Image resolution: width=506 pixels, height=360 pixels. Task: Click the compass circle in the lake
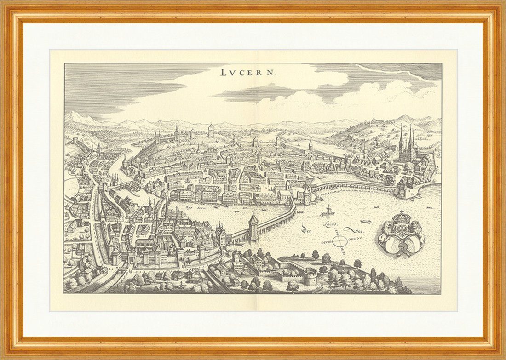340,240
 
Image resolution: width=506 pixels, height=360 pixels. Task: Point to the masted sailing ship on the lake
328,211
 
